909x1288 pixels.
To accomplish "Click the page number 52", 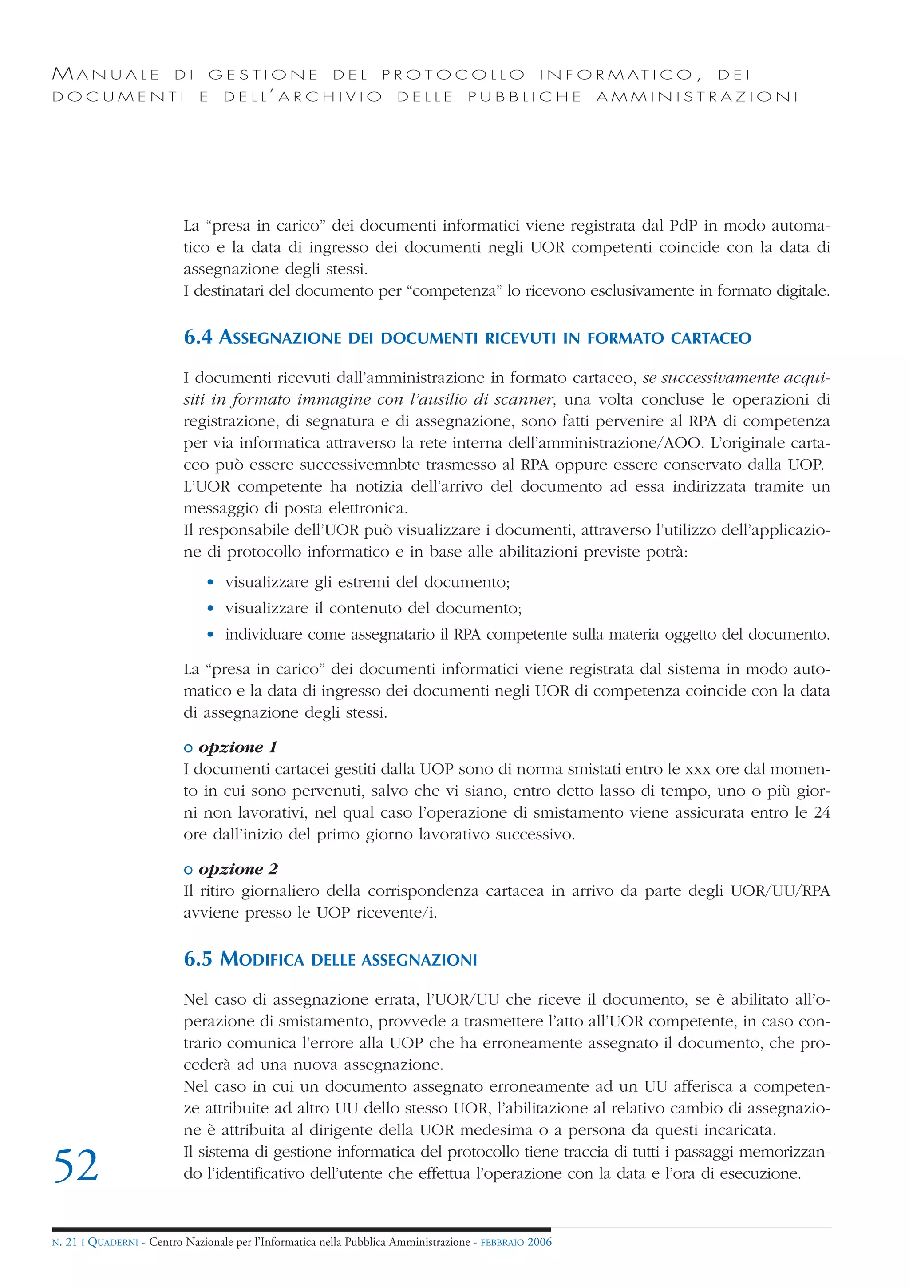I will click(x=76, y=1166).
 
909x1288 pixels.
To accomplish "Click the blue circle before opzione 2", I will click(x=189, y=870).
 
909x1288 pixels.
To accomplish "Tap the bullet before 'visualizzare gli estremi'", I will click(x=210, y=582).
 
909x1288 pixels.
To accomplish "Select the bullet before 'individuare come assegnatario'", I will click(x=210, y=635).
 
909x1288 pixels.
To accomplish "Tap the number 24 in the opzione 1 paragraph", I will click(x=822, y=812).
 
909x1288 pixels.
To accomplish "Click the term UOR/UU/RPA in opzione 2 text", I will click(x=780, y=891).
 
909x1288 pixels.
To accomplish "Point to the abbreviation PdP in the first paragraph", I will click(x=683, y=226).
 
